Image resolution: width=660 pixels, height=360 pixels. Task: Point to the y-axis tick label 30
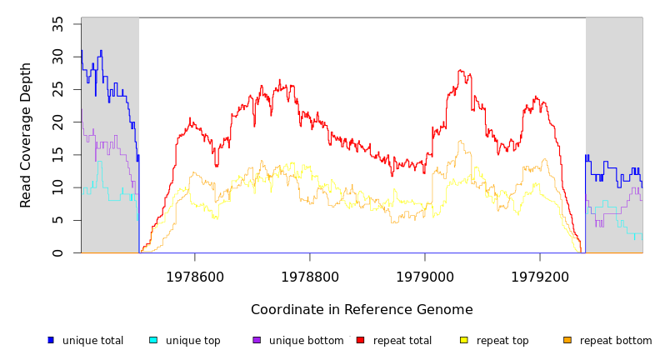coord(58,56)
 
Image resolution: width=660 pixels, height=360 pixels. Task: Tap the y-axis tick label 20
coord(58,122)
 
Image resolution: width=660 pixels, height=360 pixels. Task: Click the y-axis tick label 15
coord(58,155)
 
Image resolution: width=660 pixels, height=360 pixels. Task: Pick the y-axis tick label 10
coord(58,187)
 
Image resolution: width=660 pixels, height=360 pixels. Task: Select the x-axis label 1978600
coord(195,277)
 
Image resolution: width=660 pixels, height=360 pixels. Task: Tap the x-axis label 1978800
coord(310,277)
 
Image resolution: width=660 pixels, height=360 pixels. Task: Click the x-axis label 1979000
coord(425,277)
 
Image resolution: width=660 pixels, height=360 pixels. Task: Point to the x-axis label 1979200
coord(540,277)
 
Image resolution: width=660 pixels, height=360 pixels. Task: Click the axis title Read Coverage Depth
coord(26,135)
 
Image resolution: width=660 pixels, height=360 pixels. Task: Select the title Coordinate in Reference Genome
coord(362,310)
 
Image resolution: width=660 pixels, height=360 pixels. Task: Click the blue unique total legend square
coord(51,340)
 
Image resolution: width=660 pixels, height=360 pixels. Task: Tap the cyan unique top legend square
coord(153,340)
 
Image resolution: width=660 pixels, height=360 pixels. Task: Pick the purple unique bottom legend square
coord(257,340)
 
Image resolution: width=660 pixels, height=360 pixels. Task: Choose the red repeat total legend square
coord(360,340)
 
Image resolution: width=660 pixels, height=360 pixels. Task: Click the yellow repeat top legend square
coord(464,340)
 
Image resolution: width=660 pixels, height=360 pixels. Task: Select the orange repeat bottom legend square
coord(567,340)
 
